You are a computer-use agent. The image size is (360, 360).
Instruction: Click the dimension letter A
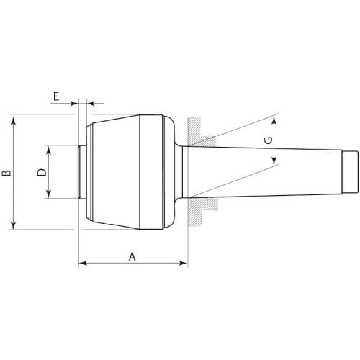coord(132,257)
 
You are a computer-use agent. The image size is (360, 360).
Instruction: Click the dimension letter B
coord(6,173)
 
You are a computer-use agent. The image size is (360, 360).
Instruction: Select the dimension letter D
coord(42,172)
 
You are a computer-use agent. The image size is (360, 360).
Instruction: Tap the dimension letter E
coord(56,96)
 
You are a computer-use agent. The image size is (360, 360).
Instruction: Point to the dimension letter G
coord(269,140)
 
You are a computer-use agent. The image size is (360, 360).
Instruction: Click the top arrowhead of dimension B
coord(14,120)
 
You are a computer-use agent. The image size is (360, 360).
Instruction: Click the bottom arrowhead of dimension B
coord(14,225)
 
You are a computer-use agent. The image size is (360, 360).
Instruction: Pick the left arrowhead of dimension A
coord(83,264)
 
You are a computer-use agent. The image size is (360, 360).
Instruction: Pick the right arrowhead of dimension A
coord(184,264)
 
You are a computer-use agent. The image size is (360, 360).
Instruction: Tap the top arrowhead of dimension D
coord(49,150)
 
